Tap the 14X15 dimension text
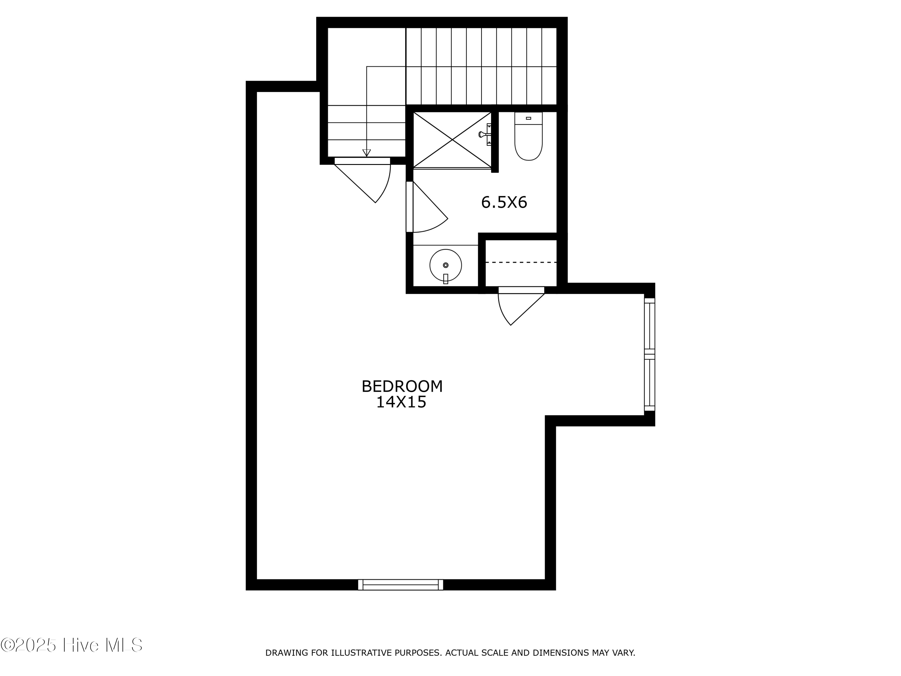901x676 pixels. [401, 403]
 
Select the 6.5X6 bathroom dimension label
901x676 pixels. [504, 202]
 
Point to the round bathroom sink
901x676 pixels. [446, 265]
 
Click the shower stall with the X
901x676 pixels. [452, 140]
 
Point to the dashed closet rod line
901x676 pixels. [521, 262]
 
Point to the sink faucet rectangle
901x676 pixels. [446, 279]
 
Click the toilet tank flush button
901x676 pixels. [528, 118]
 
